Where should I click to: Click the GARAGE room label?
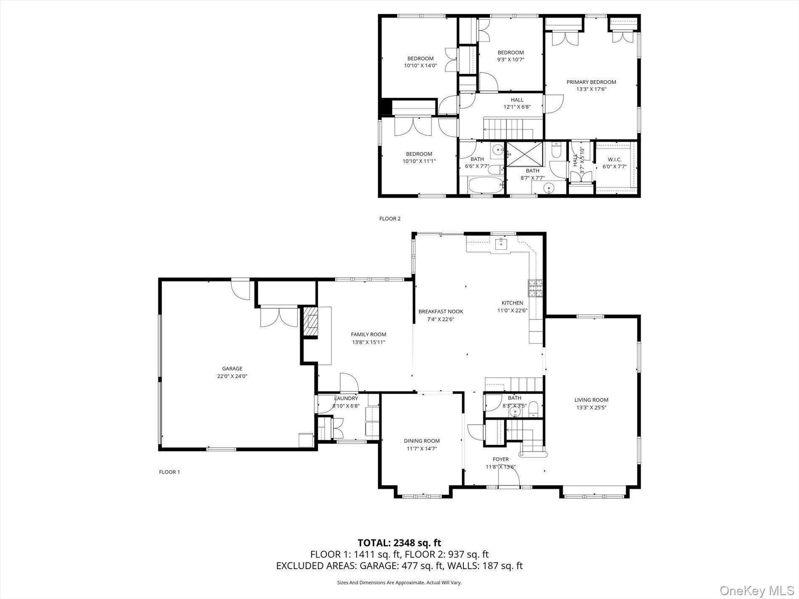pos(232,369)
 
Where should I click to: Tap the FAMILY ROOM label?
pos(368,335)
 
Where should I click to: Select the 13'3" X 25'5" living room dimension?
pos(591,407)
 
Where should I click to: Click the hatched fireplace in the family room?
pos(311,322)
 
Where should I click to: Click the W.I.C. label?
pos(614,160)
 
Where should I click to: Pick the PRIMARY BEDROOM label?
pos(591,82)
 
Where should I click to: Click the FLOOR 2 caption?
pos(390,219)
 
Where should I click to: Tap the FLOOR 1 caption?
pos(169,472)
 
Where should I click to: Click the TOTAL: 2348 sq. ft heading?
pos(399,543)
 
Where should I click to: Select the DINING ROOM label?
pos(422,441)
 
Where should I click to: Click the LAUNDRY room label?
pos(346,398)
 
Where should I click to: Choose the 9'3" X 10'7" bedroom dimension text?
pos(511,59)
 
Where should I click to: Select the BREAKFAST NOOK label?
pos(440,311)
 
